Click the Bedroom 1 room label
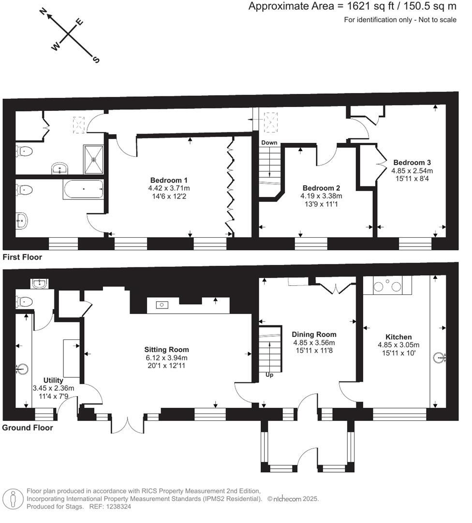169,180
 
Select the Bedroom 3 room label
412,163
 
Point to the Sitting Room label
166,349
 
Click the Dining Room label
314,334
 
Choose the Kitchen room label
398,337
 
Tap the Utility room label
53,380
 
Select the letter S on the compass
96,60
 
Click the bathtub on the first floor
83,189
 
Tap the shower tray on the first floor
93,159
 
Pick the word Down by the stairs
269,143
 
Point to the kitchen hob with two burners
387,287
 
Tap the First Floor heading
22,257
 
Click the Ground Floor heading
28,428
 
